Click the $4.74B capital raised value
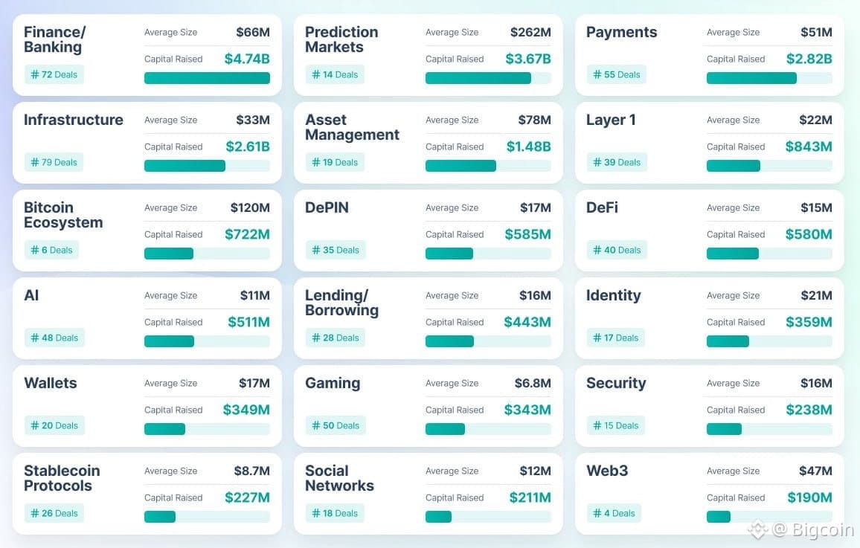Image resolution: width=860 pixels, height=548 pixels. [246, 59]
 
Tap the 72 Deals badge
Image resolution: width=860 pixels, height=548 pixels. [54, 74]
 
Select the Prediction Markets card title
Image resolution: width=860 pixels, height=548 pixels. [341, 39]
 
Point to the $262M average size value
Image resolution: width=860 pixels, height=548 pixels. [530, 32]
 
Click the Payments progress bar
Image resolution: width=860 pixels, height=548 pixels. [751, 78]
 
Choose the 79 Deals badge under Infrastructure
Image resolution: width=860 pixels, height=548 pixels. [54, 162]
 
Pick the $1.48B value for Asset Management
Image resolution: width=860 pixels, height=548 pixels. [528, 146]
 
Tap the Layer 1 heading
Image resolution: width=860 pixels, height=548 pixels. [611, 120]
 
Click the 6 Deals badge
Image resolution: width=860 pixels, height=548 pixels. [51, 250]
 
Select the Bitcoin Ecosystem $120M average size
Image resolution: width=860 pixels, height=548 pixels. [250, 207]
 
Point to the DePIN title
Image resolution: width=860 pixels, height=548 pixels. [327, 207]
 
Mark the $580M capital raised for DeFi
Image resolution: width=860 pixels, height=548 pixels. [809, 234]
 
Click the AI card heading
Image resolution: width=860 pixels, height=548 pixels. [31, 295]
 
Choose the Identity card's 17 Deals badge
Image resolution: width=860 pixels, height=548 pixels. [616, 338]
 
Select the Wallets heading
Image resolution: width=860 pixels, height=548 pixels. [51, 383]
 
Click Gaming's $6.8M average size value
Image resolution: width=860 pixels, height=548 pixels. [533, 383]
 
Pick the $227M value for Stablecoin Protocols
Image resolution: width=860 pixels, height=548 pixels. [247, 497]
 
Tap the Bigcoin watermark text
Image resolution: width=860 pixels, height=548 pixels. [823, 530]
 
